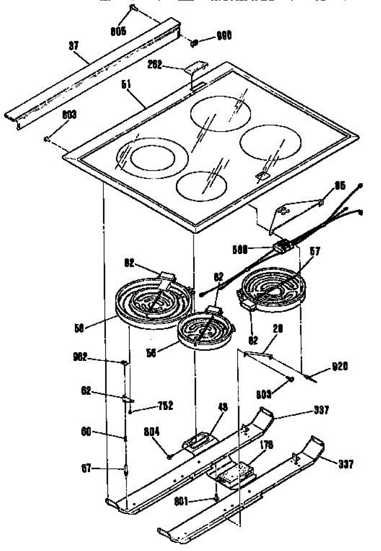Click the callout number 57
(x=315, y=252)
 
